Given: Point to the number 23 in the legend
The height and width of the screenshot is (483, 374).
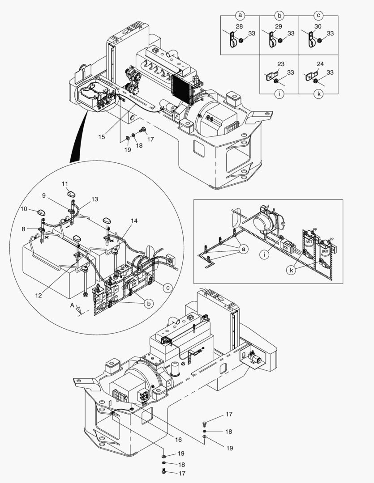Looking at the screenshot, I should tap(281, 64).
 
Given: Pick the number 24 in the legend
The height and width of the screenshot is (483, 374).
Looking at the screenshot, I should tap(320, 64).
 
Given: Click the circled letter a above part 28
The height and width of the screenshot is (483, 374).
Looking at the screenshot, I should tap(240, 15).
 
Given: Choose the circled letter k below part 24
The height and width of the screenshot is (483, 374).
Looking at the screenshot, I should tap(318, 95).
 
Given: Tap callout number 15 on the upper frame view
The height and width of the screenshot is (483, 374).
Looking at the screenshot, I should tap(102, 137).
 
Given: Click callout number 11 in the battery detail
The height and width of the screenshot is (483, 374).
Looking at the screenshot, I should tap(65, 184).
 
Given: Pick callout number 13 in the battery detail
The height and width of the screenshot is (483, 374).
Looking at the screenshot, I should tap(95, 199).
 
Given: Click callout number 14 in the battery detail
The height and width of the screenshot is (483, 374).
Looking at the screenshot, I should tap(134, 221).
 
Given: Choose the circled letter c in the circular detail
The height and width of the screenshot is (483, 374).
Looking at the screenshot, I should tap(167, 288).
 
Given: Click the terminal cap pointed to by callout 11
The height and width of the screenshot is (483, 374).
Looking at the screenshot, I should tap(72, 194).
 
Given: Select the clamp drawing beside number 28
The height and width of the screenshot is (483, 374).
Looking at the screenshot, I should tap(232, 39).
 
